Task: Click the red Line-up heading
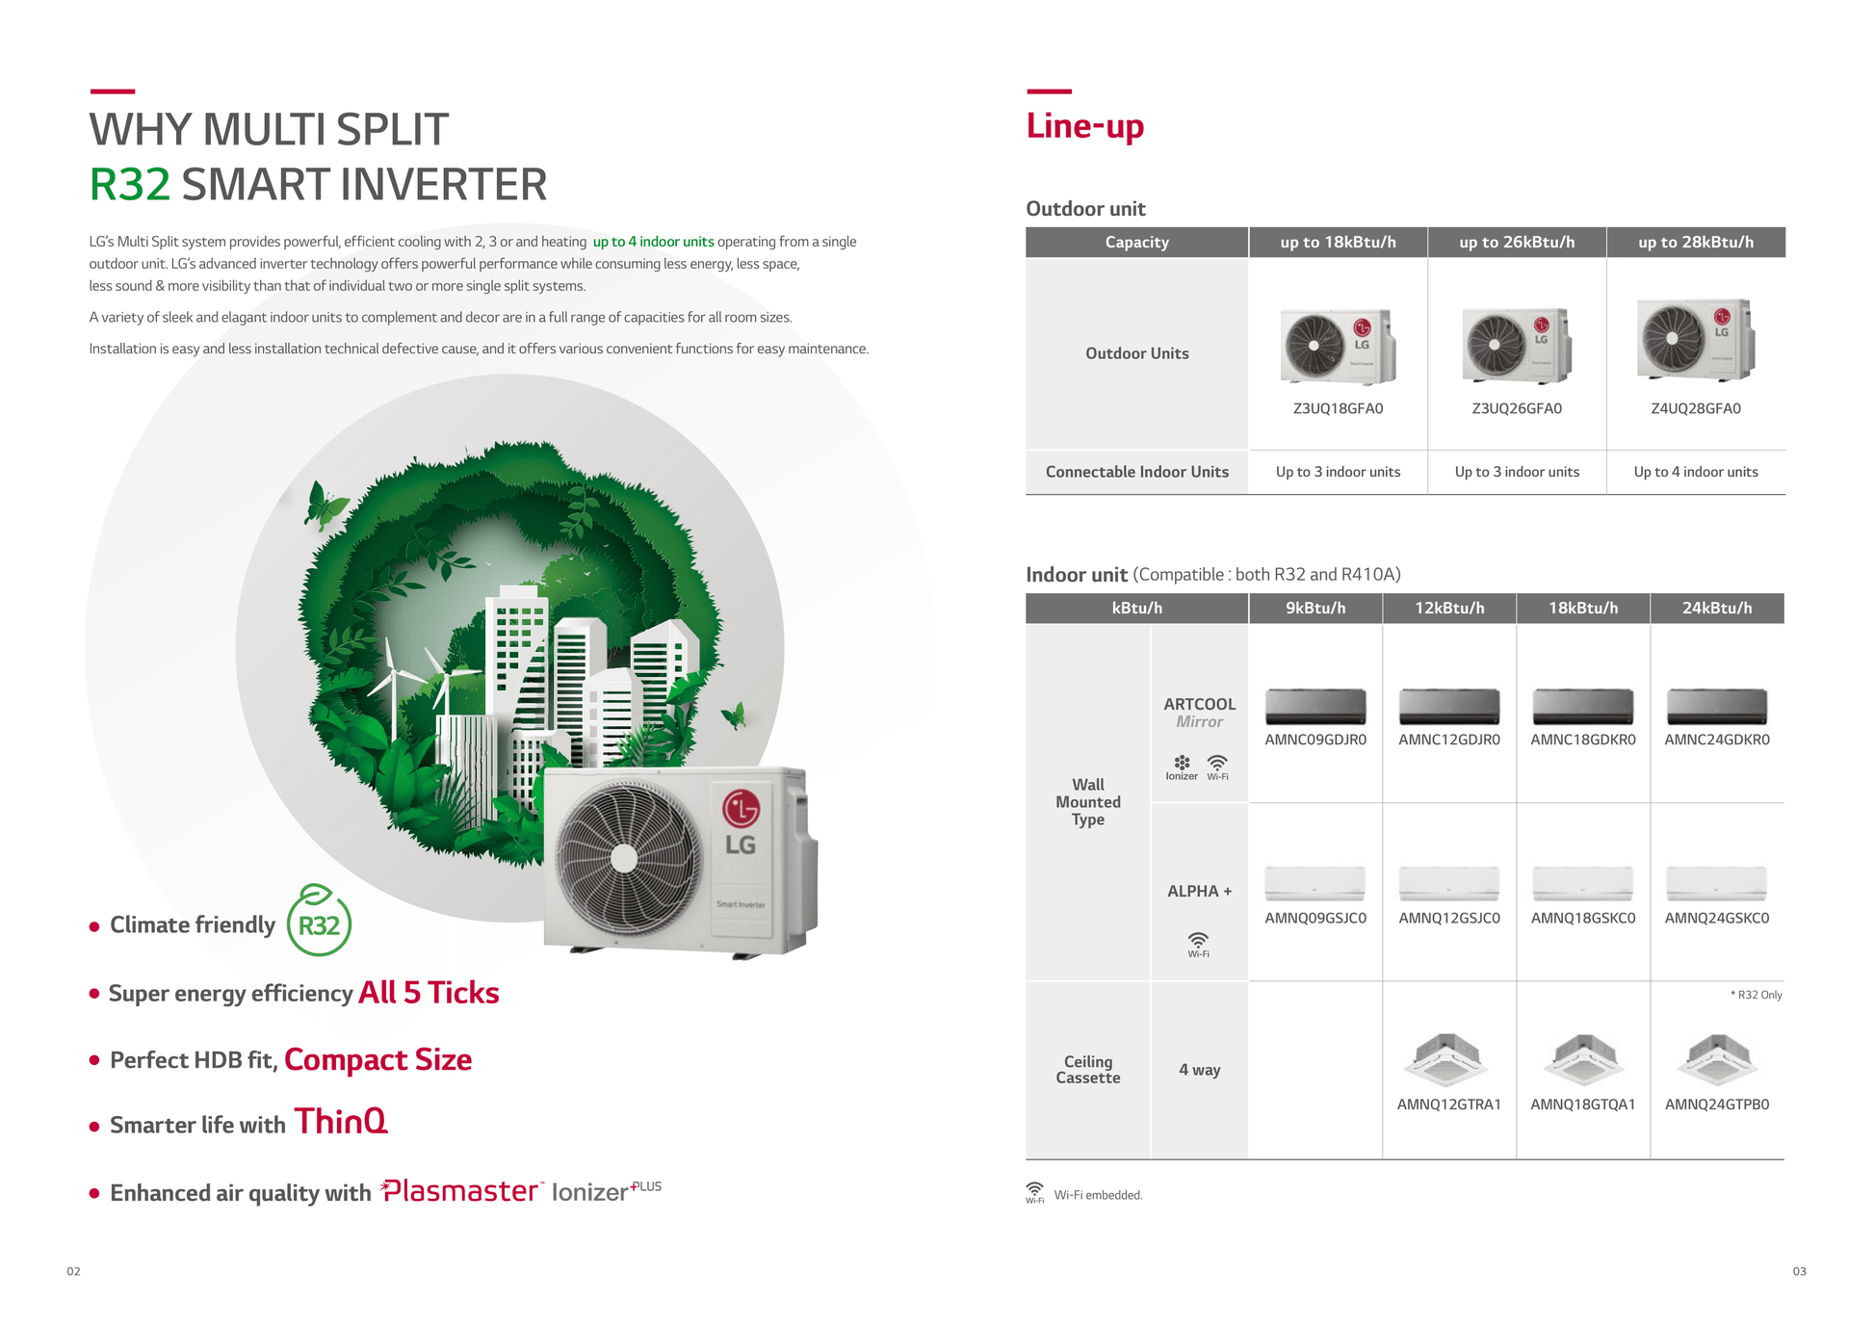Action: (1084, 126)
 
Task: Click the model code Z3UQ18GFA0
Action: (1338, 408)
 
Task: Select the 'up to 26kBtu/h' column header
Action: (1517, 243)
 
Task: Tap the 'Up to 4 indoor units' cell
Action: (1695, 472)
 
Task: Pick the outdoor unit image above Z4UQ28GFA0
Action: (1695, 340)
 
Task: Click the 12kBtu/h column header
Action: (1449, 609)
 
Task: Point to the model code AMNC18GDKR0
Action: (1582, 740)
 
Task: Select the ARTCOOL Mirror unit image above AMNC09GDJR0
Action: (1315, 706)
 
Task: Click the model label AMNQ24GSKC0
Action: (1716, 918)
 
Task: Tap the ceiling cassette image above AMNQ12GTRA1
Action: (1448, 1059)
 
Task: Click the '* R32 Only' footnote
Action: (1756, 995)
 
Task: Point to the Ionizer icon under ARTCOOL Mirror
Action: (1182, 767)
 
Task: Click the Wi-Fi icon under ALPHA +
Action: (1198, 944)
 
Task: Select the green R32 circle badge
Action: (319, 922)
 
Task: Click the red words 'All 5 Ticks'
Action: (429, 993)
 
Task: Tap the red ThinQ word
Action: (341, 1121)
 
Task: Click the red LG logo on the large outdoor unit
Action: (741, 809)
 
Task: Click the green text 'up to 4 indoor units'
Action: (653, 242)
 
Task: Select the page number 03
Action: (1799, 1271)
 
